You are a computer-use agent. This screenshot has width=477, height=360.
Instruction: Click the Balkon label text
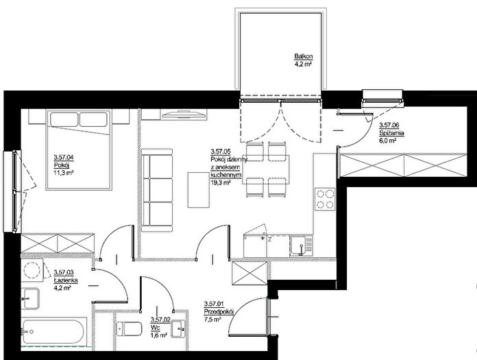(304, 56)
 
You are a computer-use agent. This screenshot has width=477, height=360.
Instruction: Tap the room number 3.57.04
(64, 157)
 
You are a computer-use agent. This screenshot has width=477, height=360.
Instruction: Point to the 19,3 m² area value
(220, 182)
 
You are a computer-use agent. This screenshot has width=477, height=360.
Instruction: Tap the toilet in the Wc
(130, 328)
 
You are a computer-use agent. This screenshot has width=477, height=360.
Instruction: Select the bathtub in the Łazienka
(53, 332)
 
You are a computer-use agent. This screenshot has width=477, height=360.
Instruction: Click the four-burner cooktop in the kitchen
(326, 200)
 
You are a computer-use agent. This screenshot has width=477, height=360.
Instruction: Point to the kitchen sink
(301, 245)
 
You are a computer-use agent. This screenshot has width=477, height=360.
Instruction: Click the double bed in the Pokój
(79, 149)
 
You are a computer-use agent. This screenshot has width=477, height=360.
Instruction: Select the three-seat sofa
(157, 190)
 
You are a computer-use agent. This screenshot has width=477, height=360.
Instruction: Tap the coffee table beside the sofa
(199, 190)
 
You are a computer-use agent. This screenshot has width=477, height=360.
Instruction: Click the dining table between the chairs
(266, 169)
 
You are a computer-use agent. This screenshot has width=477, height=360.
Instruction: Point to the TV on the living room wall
(184, 115)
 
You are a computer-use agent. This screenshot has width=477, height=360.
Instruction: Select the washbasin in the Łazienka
(30, 298)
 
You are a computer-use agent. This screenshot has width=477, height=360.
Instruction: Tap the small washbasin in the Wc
(178, 328)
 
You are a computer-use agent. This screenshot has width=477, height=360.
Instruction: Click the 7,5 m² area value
(213, 320)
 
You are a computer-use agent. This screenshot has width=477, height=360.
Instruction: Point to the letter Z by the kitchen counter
(269, 239)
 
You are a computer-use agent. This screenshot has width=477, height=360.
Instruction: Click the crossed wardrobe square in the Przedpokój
(249, 273)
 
